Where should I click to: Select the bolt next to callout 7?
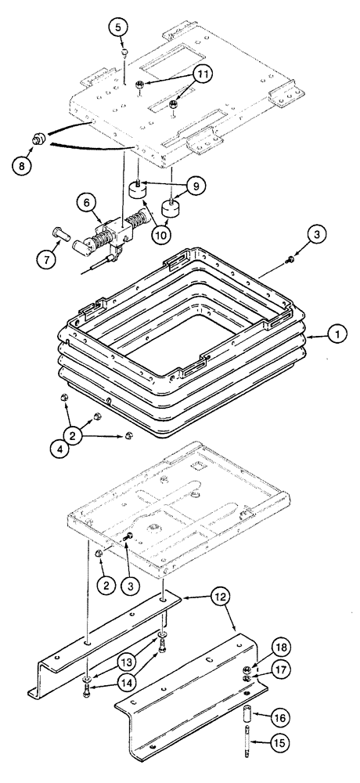pos(61,231)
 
